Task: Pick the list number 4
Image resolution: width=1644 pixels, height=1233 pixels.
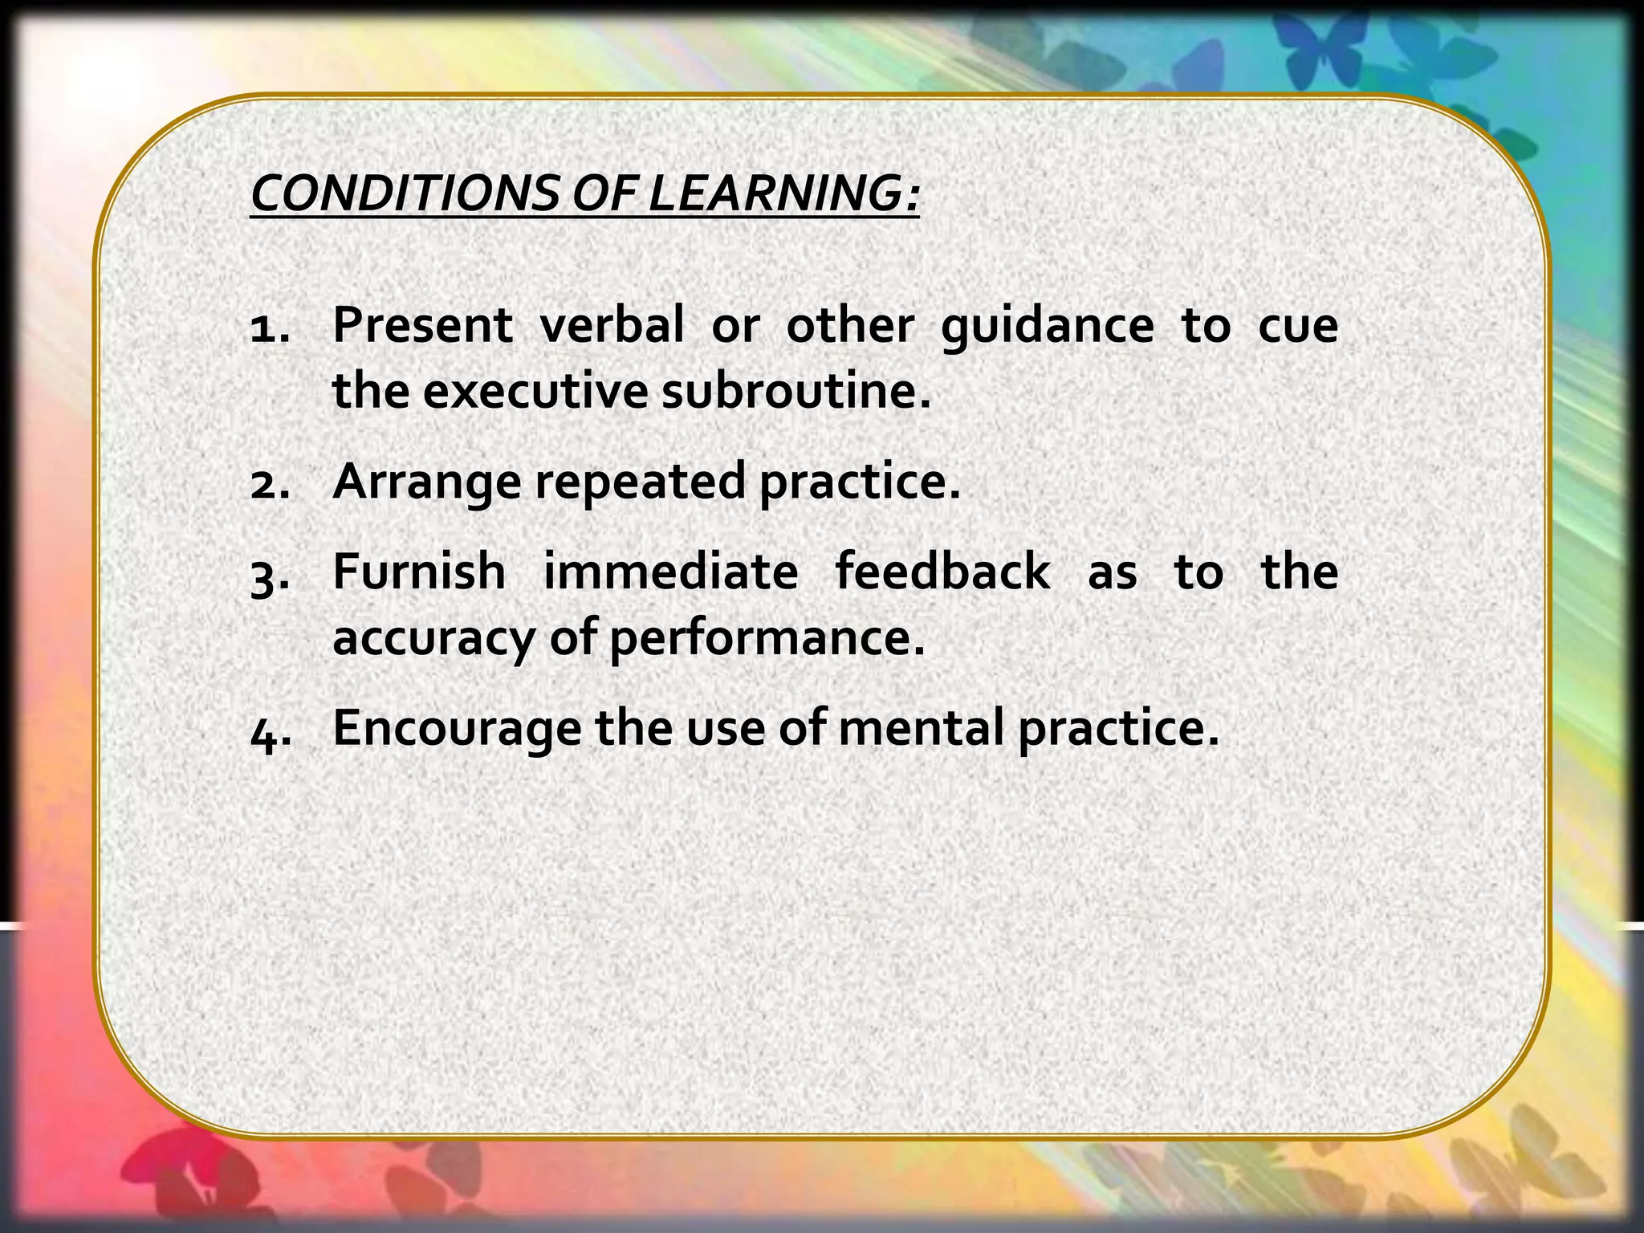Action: point(270,730)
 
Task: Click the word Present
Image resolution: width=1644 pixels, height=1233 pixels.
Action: point(422,326)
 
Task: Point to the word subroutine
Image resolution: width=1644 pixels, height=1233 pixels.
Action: point(796,393)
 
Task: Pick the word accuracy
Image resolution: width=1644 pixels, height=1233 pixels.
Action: point(433,640)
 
